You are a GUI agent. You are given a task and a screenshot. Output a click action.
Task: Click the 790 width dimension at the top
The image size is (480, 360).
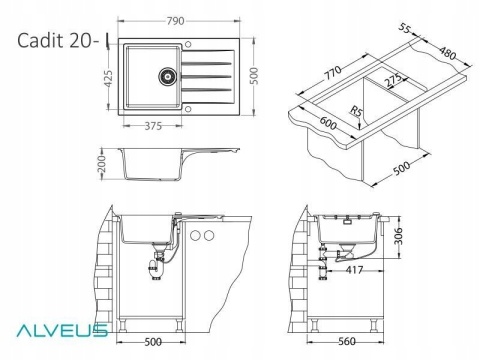pyautogui.click(x=175, y=21)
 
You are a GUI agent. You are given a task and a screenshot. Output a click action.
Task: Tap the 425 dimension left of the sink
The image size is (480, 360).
pyautogui.click(x=109, y=79)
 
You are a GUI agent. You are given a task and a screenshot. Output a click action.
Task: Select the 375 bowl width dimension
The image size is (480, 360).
pyautogui.click(x=153, y=126)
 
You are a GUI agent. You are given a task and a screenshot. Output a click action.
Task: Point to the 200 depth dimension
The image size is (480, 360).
pyautogui.click(x=102, y=164)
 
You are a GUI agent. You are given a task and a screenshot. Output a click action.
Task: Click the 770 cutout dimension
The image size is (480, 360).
pyautogui.click(x=333, y=73)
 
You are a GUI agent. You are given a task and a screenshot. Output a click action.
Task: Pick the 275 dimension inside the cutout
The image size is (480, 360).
pyautogui.click(x=393, y=81)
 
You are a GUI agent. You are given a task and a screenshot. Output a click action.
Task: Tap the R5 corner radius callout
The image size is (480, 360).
pyautogui.click(x=356, y=111)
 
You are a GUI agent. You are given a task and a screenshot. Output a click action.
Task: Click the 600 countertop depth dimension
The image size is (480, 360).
pyautogui.click(x=328, y=123)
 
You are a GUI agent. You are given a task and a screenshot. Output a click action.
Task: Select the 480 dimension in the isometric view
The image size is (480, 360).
pyautogui.click(x=447, y=53)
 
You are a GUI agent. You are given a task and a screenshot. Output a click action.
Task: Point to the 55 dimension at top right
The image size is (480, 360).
pyautogui.click(x=404, y=28)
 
